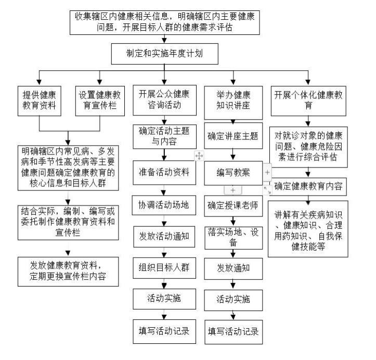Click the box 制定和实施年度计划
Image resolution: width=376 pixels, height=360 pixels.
164,54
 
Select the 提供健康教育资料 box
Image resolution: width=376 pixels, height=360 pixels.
40,101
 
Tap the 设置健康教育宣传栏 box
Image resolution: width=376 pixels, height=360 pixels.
100,101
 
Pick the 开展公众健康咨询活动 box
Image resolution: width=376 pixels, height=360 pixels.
164,100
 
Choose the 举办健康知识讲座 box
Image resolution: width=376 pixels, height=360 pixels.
234,102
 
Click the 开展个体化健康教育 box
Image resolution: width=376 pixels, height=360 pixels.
308,101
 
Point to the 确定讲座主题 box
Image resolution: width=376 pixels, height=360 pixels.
234,136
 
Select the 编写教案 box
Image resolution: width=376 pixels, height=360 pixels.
234,173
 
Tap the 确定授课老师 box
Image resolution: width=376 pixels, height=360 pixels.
234,206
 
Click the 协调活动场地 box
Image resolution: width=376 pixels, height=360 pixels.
164,205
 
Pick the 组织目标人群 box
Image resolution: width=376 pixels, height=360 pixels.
164,268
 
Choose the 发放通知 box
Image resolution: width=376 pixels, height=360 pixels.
234,268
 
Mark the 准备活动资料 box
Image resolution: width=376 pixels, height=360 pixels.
164,173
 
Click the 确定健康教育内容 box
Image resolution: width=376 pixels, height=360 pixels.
308,187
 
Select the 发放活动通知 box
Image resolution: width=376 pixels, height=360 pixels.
164,237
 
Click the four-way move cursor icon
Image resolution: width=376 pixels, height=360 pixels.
199,156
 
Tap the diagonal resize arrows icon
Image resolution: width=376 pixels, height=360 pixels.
267,190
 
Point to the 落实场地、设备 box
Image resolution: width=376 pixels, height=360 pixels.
234,238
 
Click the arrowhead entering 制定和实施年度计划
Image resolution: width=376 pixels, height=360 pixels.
164,40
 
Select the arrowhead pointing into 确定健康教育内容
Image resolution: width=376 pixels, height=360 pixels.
308,175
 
